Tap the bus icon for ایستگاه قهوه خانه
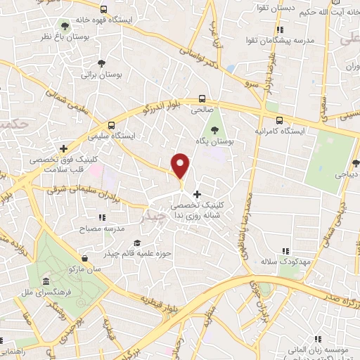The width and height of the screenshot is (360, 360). click(104, 10)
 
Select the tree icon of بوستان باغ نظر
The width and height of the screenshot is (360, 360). click(65, 25)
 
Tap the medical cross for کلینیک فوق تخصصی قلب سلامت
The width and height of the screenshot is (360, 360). click(64, 149)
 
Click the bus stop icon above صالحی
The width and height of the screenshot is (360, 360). click(202, 99)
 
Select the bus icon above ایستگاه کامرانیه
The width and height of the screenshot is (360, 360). click(279, 120)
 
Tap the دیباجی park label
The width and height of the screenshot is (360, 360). click(347, 169)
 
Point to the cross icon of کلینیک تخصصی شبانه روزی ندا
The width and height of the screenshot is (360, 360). click(197, 193)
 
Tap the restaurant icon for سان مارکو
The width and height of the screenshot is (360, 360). click(85, 269)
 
